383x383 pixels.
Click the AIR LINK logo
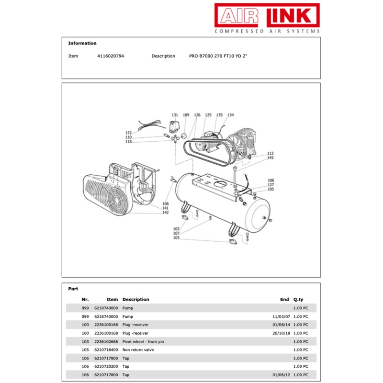coord(267,18)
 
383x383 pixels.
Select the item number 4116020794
coord(110,56)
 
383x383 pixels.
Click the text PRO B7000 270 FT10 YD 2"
coord(218,56)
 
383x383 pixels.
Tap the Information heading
coord(82,43)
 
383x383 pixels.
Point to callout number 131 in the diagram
coord(175,115)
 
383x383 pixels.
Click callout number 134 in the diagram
coord(231,115)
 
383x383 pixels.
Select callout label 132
coord(128,133)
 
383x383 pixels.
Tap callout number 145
coord(270,158)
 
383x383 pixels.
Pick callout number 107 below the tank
coord(176,234)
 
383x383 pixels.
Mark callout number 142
coord(166,213)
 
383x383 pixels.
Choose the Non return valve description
coord(138,349)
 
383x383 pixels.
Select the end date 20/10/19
coord(281,333)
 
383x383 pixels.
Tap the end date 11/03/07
coord(281,316)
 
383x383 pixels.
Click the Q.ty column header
coord(298,299)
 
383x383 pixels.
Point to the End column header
coord(284,299)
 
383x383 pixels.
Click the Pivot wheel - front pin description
coord(143,341)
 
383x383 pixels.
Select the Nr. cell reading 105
coord(85,349)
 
